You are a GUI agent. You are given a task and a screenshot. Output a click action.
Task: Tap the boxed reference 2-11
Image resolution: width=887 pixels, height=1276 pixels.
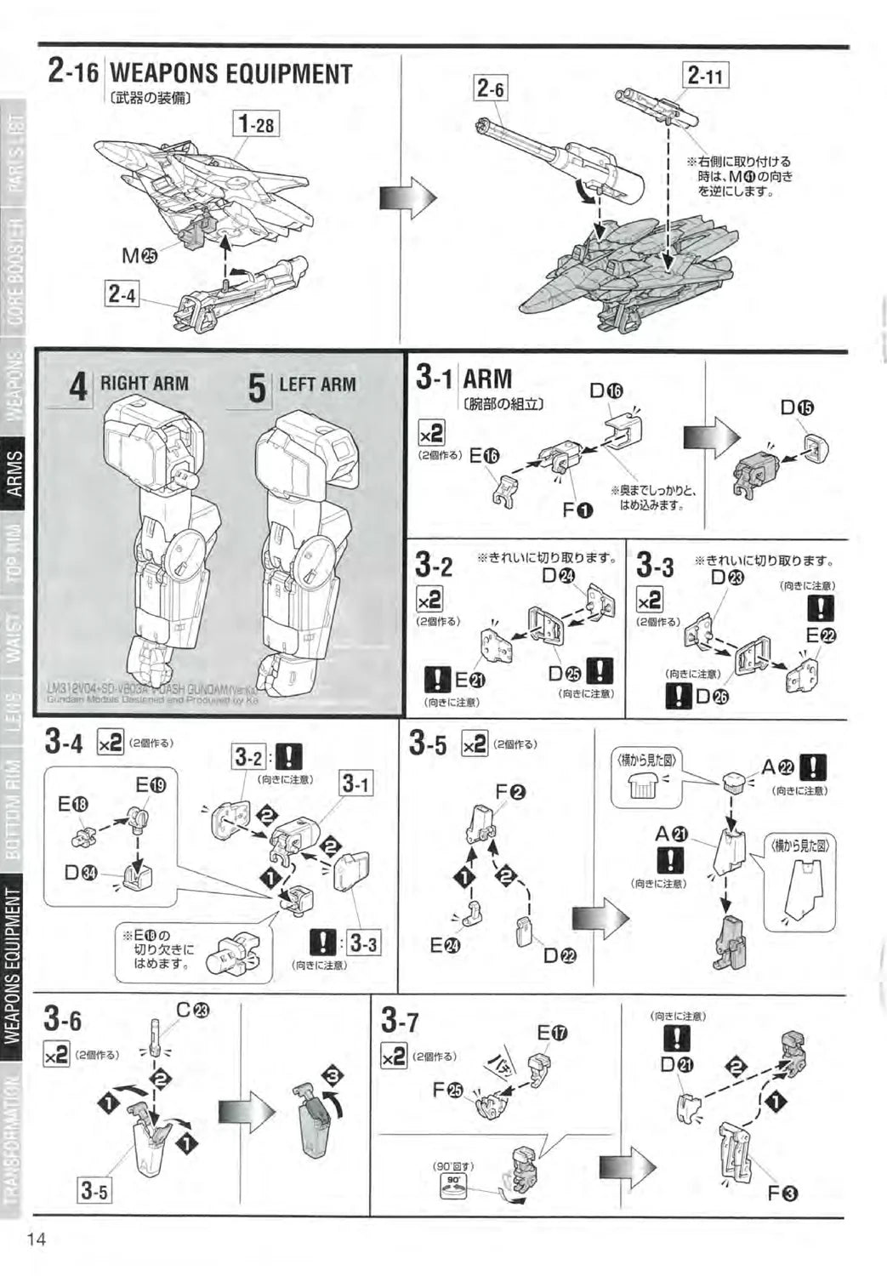[x=706, y=77]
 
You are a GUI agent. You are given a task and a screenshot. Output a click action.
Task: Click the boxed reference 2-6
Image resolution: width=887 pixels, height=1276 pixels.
[x=490, y=88]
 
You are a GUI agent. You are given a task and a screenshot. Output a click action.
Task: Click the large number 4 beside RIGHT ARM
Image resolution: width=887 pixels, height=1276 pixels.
[x=78, y=388]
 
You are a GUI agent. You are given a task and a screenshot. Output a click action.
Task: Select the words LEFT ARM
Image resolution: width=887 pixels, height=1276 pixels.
[x=317, y=385]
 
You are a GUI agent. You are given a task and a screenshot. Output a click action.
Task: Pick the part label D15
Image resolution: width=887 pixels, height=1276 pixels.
[x=798, y=407]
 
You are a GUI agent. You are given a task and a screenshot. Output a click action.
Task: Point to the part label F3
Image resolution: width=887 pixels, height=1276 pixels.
[x=782, y=1193]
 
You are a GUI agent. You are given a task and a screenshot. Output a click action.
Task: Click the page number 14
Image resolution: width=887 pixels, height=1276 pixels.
[x=37, y=1239]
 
